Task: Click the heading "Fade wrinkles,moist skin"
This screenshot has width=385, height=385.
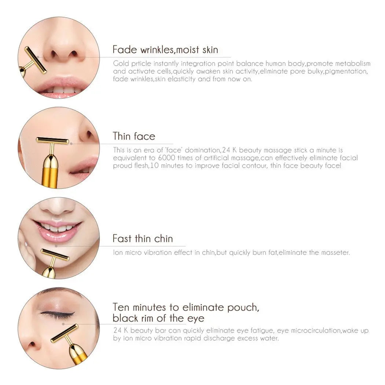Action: (x=165, y=49)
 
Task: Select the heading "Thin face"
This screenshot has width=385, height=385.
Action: (x=134, y=136)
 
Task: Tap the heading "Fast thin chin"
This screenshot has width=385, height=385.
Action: (x=143, y=239)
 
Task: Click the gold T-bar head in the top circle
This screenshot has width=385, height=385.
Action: (x=35, y=60)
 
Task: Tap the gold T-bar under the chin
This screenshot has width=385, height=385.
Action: (x=55, y=254)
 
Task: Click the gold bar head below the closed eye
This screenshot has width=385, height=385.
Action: (x=65, y=333)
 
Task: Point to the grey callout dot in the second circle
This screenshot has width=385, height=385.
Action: (x=71, y=144)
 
